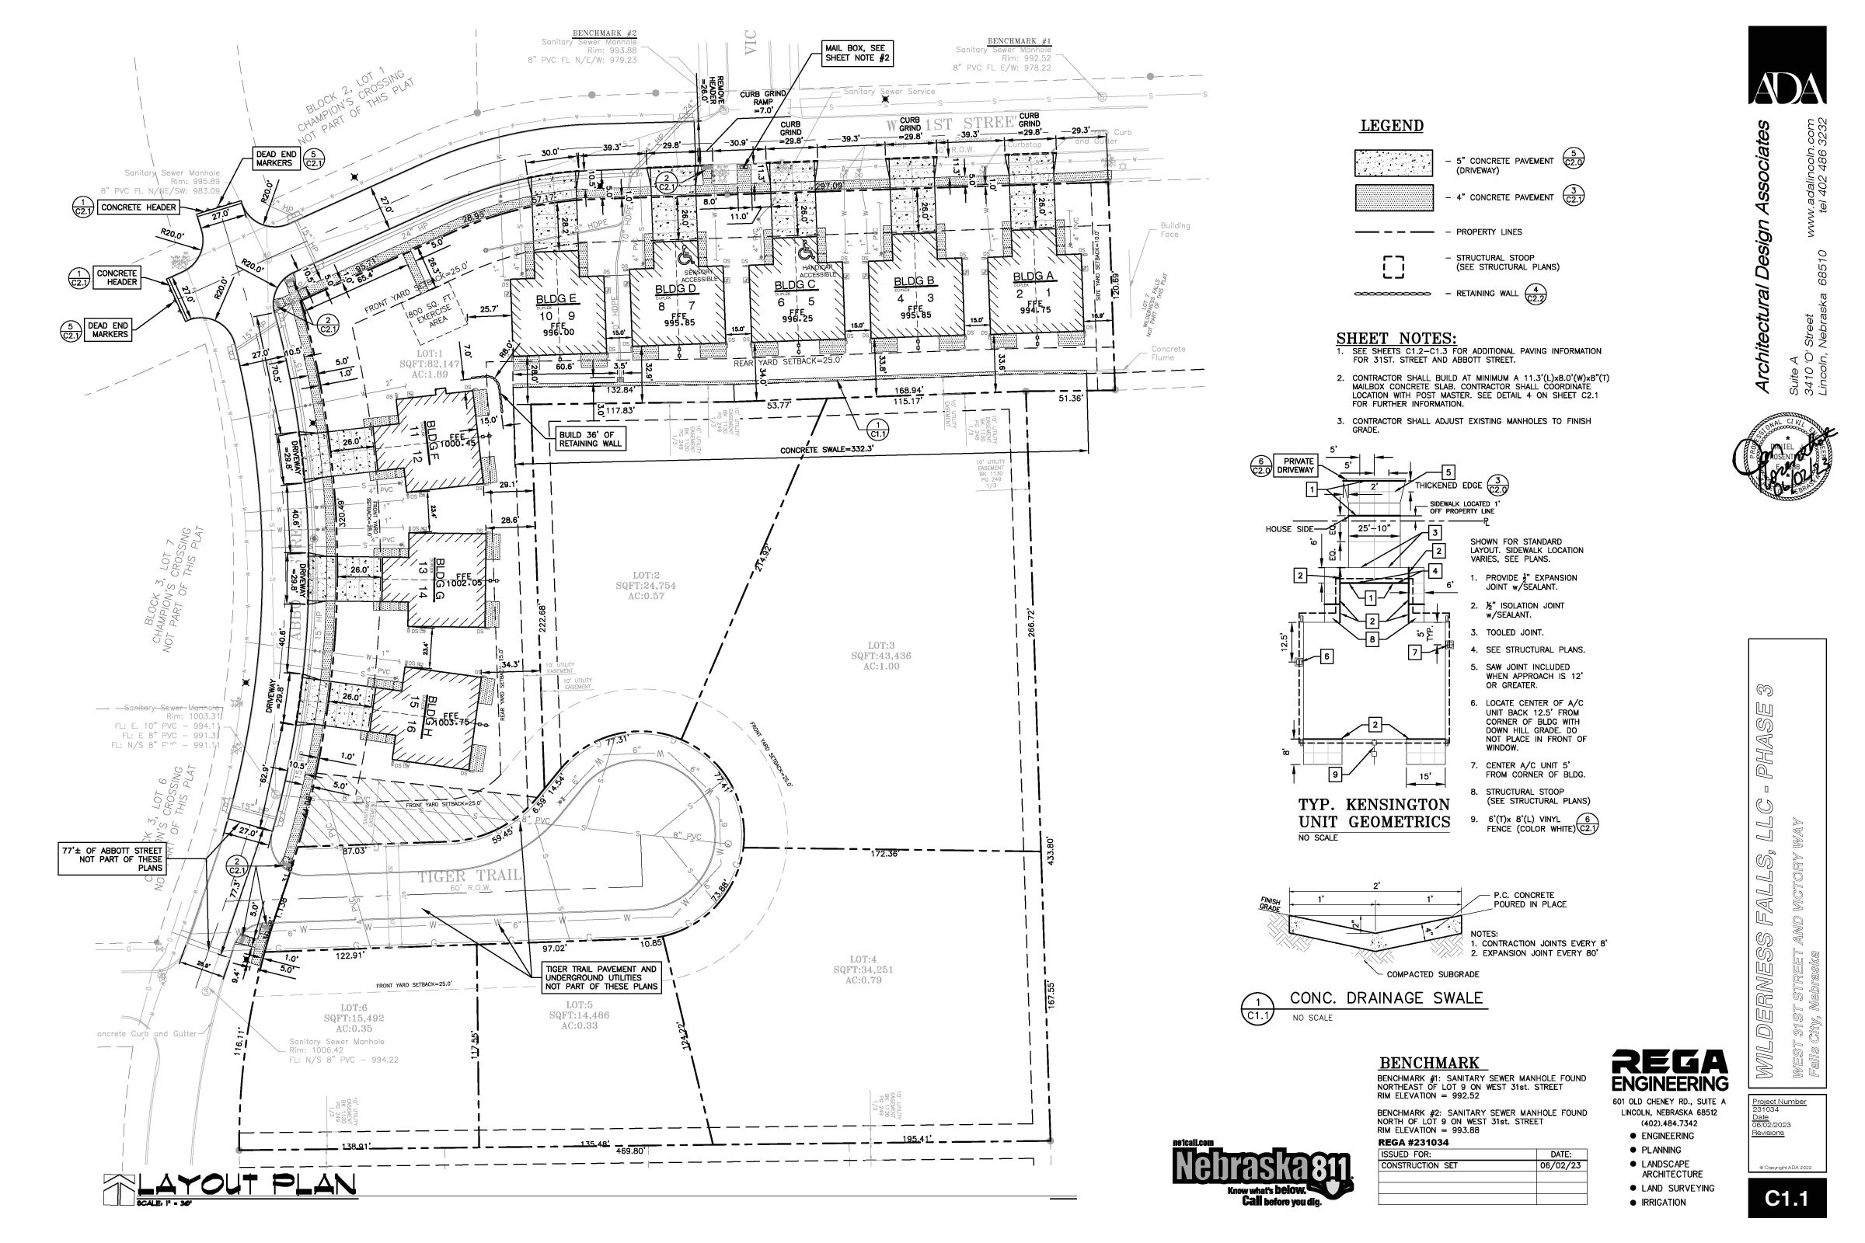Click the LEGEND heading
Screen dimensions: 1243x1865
pyautogui.click(x=1392, y=126)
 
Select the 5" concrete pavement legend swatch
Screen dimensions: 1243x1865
pyautogui.click(x=1393, y=162)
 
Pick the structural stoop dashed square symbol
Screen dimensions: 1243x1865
pyautogui.click(x=1393, y=267)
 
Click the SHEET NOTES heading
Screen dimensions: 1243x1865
pyautogui.click(x=1396, y=339)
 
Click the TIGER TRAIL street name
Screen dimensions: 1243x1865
pyautogui.click(x=469, y=876)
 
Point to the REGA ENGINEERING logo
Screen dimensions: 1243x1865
pyautogui.click(x=1669, y=1071)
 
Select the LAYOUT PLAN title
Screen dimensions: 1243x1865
pyautogui.click(x=246, y=1186)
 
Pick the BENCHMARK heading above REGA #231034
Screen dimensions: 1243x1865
pyautogui.click(x=1429, y=1063)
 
